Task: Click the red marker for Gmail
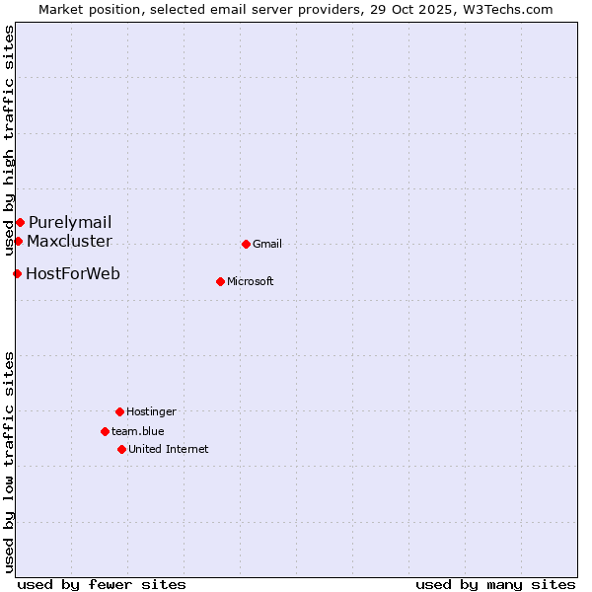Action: (x=246, y=244)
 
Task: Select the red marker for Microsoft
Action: (x=220, y=281)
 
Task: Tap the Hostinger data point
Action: (x=119, y=411)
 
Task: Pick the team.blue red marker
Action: (x=105, y=431)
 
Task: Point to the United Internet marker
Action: (x=121, y=449)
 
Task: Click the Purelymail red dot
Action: (x=20, y=222)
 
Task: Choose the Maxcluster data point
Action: (x=18, y=241)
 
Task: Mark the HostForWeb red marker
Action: (x=17, y=273)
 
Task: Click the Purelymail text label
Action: (x=70, y=223)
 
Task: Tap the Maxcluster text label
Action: (x=69, y=242)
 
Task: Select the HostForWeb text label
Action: (x=73, y=274)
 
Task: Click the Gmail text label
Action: (x=267, y=245)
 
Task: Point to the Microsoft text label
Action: (x=251, y=282)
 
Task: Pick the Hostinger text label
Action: (x=151, y=412)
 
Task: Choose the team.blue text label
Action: (x=138, y=432)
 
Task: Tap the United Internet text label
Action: (x=169, y=450)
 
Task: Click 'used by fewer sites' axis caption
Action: (x=102, y=585)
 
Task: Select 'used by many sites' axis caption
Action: (x=495, y=585)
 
